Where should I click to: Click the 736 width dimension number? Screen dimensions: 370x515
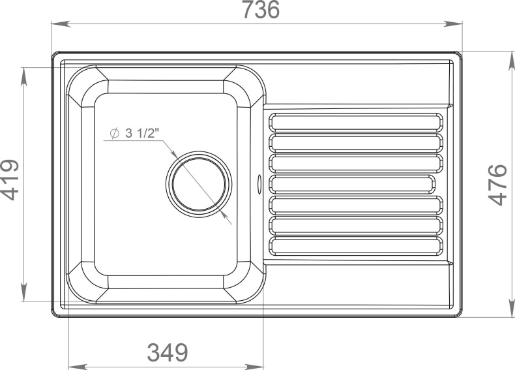click(260, 10)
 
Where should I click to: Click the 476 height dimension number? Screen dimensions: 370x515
click(497, 185)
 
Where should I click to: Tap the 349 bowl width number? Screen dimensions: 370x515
click(167, 352)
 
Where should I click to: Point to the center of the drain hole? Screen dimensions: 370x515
click(199, 183)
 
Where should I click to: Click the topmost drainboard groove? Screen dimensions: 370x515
click(356, 122)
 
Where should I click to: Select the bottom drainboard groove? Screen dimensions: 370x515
click(356, 246)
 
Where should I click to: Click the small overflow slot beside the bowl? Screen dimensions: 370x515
click(259, 183)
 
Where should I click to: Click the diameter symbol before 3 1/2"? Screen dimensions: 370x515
click(113, 134)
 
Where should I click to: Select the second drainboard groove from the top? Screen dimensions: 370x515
click(356, 142)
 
